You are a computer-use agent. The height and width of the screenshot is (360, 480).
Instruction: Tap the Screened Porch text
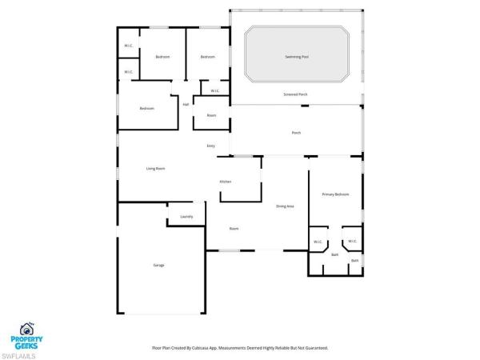pyautogui.click(x=295, y=94)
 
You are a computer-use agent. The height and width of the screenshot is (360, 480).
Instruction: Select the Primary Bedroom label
pyautogui.click(x=335, y=194)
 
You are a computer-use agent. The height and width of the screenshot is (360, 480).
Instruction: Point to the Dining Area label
pyautogui.click(x=285, y=206)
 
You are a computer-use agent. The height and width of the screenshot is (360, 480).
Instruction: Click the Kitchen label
pyautogui.click(x=226, y=182)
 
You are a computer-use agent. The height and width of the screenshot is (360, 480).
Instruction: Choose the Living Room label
pyautogui.click(x=155, y=169)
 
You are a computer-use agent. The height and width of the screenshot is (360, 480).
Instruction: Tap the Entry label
pyautogui.click(x=211, y=146)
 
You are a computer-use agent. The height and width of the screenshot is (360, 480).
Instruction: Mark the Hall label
pyautogui.click(x=186, y=104)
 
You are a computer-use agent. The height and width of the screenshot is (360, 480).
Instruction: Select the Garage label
pyautogui.click(x=158, y=265)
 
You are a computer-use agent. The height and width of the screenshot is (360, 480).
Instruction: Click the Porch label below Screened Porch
pyautogui.click(x=295, y=133)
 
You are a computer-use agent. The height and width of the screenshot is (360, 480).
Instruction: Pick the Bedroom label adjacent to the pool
pyautogui.click(x=208, y=57)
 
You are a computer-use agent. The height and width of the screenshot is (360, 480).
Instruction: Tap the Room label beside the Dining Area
pyautogui.click(x=234, y=229)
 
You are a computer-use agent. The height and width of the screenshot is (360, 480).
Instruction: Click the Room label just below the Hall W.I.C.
pyautogui.click(x=211, y=116)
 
